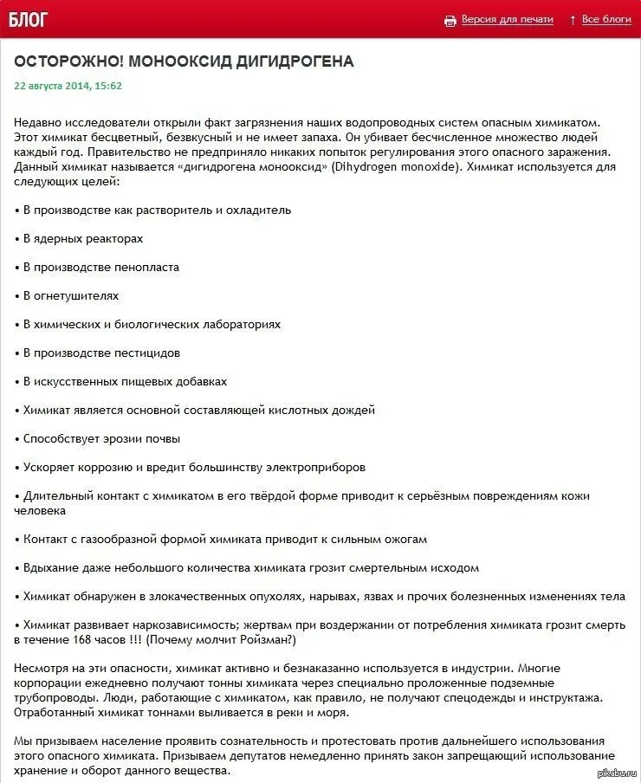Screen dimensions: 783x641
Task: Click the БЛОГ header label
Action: pyautogui.click(x=29, y=19)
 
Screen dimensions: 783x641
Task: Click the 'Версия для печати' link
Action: pyautogui.click(x=507, y=19)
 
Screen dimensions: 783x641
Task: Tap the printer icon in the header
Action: pyautogui.click(x=450, y=20)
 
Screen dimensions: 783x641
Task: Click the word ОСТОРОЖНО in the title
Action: pyautogui.click(x=67, y=62)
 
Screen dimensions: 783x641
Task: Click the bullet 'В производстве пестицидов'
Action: pyautogui.click(x=101, y=353)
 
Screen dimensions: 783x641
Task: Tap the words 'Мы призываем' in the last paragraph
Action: pyautogui.click(x=51, y=741)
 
